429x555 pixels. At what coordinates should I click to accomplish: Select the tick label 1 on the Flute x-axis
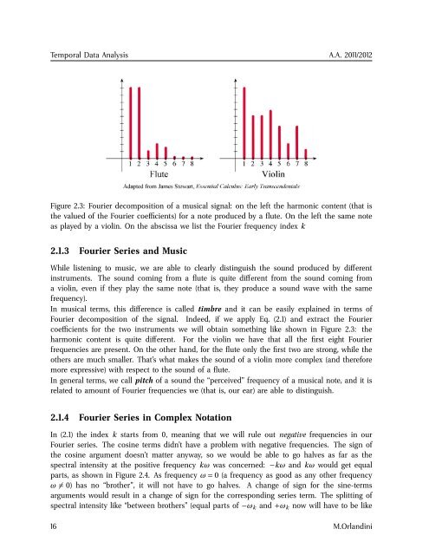130,161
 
